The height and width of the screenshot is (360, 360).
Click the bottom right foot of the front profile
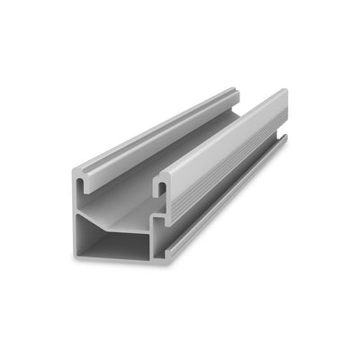(162, 259)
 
